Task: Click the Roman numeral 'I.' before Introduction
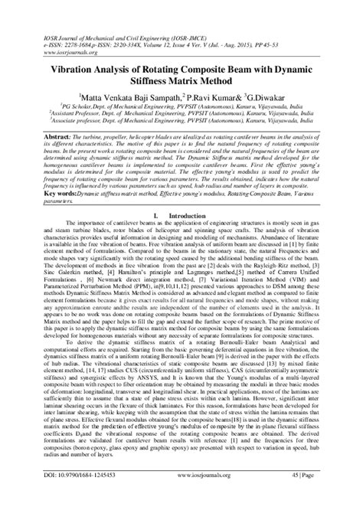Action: click(x=158, y=217)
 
